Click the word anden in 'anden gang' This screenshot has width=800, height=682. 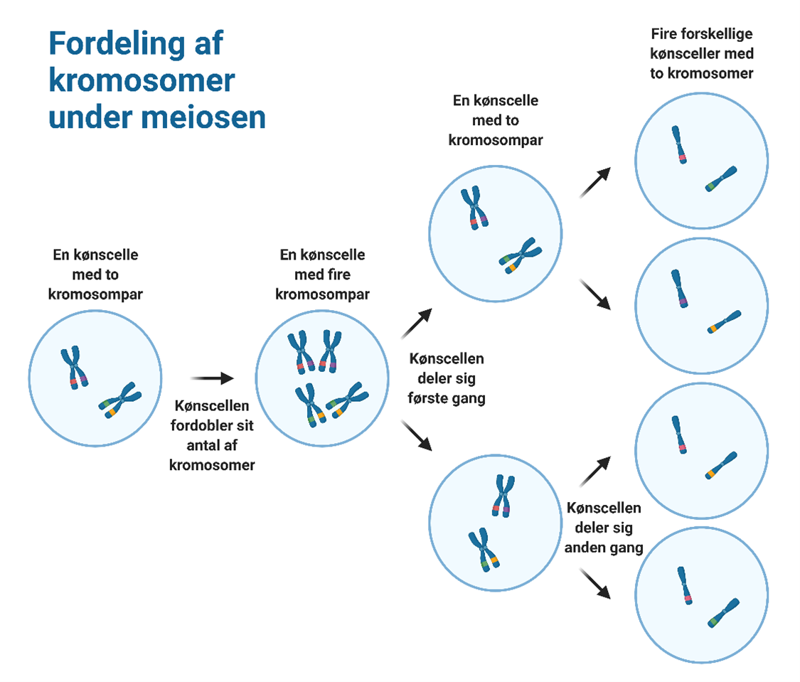(x=588, y=548)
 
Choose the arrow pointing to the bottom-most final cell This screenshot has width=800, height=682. (x=596, y=583)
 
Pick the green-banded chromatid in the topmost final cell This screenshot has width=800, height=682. (x=721, y=179)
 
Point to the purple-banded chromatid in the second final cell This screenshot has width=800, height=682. (x=680, y=288)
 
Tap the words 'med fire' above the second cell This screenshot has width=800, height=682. (x=322, y=274)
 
